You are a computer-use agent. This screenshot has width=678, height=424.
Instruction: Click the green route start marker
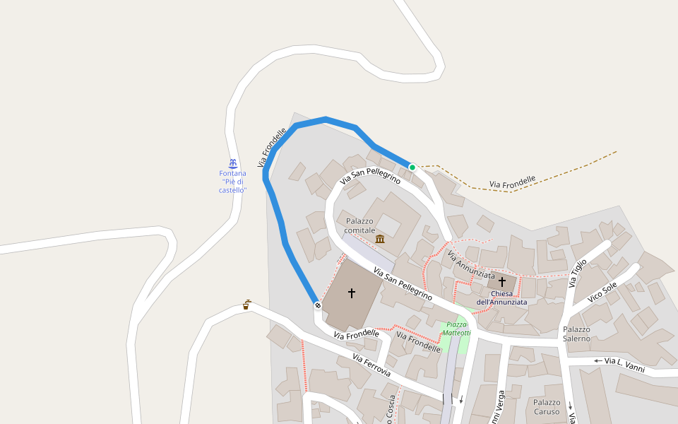412,167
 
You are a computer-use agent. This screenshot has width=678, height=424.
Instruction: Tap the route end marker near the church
318,305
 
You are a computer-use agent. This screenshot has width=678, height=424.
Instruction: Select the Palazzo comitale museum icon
381,239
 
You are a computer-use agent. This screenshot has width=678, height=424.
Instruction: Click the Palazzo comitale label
360,225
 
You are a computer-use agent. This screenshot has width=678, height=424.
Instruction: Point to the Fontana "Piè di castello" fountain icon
232,163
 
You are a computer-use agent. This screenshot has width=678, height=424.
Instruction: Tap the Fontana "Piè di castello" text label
232,182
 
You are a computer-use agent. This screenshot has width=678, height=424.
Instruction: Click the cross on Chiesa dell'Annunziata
502,281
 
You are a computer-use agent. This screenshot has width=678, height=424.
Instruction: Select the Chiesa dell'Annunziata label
501,298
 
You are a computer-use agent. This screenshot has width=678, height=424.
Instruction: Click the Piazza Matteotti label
456,329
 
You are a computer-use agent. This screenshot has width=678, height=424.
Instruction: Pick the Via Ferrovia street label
371,365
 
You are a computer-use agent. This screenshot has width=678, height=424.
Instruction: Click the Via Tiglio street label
578,273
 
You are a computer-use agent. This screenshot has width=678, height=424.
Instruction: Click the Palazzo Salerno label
576,334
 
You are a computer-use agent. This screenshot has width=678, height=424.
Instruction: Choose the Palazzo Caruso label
547,407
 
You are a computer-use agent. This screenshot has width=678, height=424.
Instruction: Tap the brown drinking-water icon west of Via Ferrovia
246,305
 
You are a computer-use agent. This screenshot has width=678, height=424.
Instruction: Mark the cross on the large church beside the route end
351,293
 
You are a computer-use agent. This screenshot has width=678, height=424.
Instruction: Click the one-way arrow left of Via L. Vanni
597,361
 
